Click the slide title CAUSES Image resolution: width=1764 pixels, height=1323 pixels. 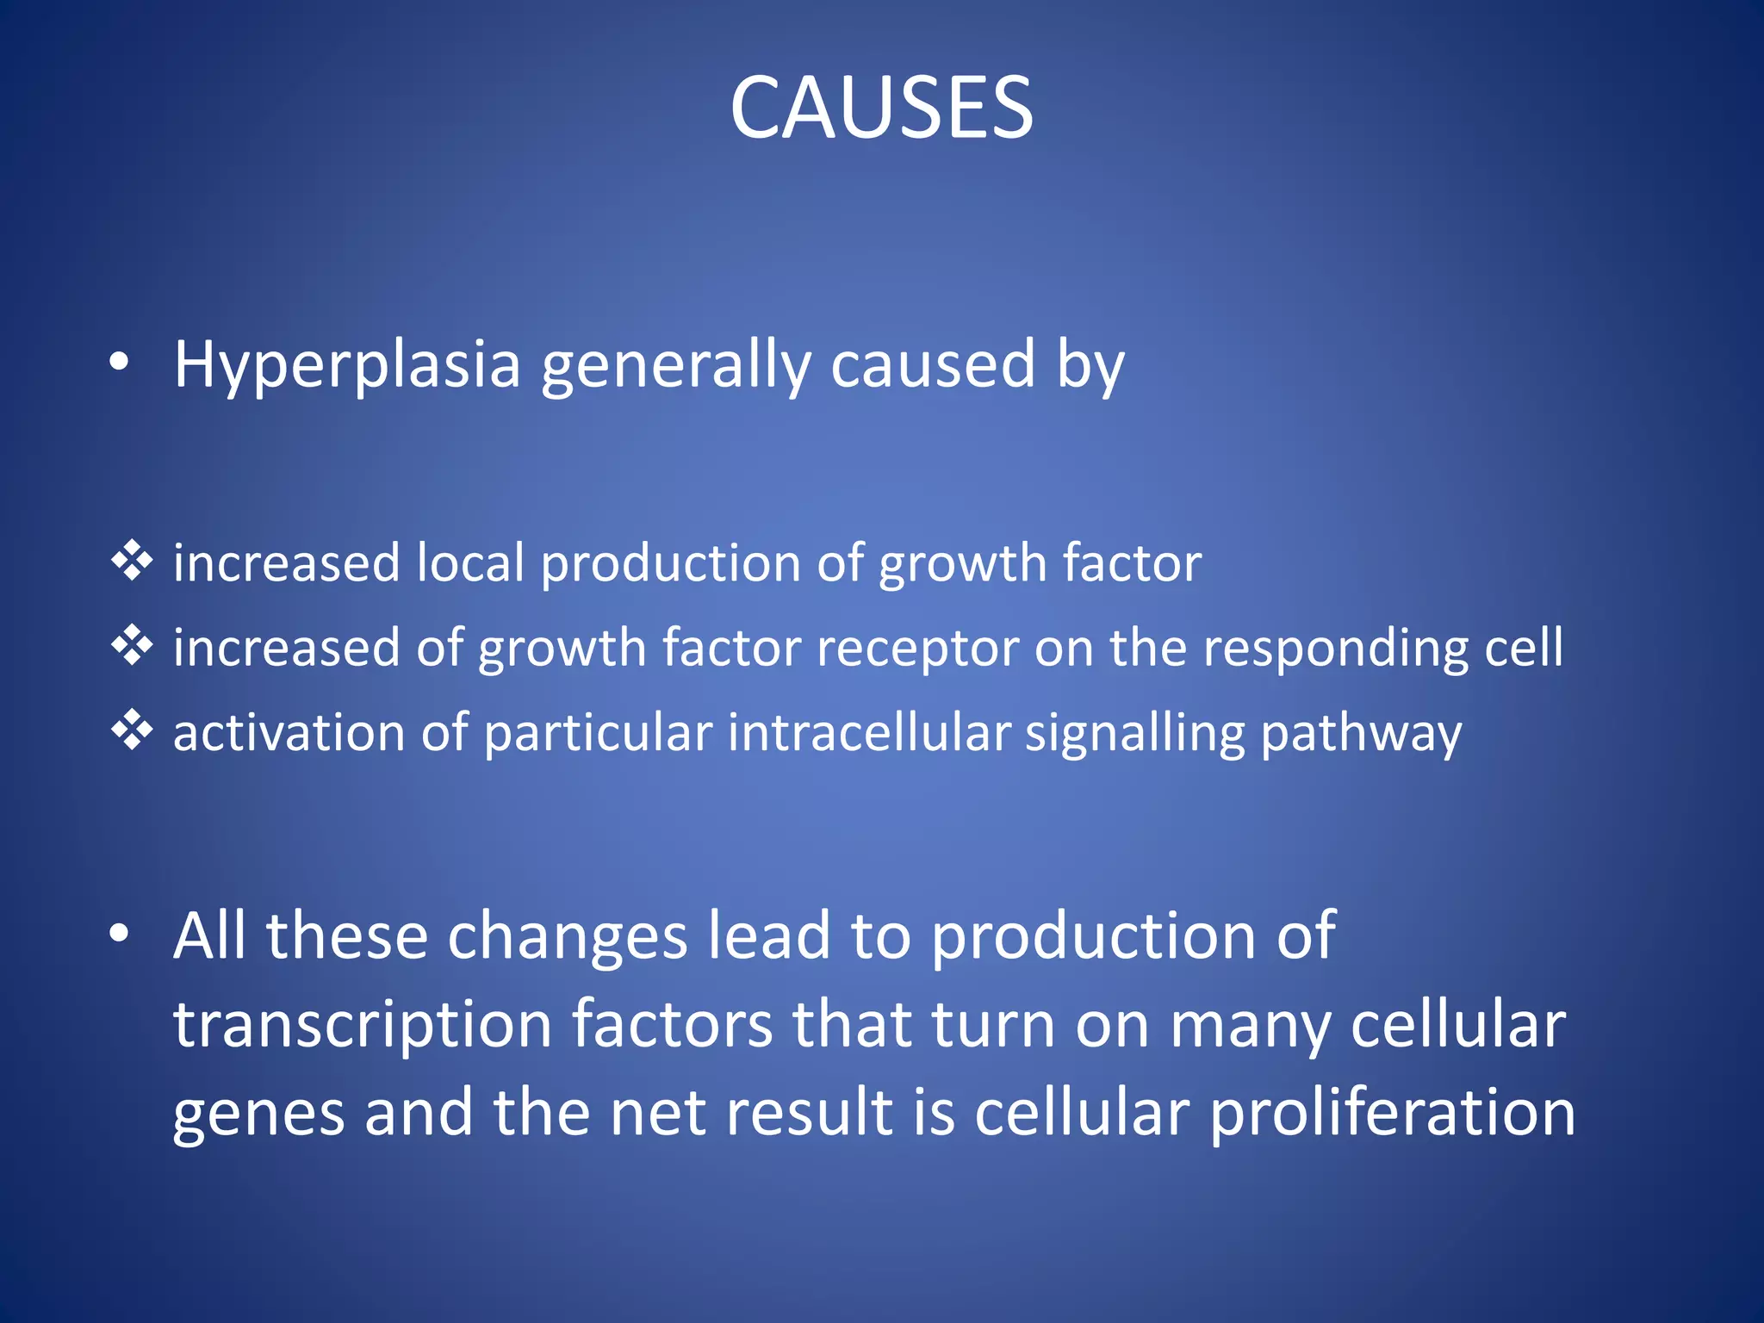click(x=881, y=108)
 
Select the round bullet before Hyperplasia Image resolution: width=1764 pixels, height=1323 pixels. click(x=120, y=363)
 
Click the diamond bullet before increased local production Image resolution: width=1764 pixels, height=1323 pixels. click(x=132, y=561)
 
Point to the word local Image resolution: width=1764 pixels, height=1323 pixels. click(x=470, y=563)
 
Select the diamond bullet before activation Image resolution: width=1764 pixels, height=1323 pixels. click(x=132, y=730)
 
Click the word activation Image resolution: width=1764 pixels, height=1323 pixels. click(x=289, y=733)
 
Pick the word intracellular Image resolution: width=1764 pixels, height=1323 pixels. click(x=868, y=733)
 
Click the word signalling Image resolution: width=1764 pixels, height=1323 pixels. click(x=1134, y=735)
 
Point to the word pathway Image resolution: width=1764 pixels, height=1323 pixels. click(x=1361, y=735)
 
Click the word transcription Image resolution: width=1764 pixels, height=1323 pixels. click(x=362, y=1026)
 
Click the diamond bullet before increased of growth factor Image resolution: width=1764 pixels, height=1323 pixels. click(x=132, y=645)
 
